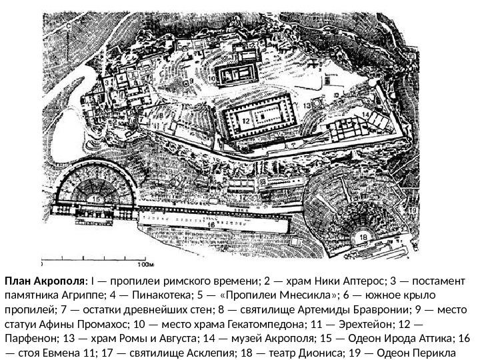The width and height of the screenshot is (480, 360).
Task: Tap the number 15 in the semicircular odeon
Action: (97, 199)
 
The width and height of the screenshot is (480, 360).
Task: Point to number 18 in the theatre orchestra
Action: (364, 238)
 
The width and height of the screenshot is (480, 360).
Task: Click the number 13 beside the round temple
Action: (307, 106)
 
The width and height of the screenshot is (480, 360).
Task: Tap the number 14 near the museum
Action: (366, 115)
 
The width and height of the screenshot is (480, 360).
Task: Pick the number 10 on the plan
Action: (213, 78)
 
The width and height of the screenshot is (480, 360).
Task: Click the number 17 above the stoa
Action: (243, 198)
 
